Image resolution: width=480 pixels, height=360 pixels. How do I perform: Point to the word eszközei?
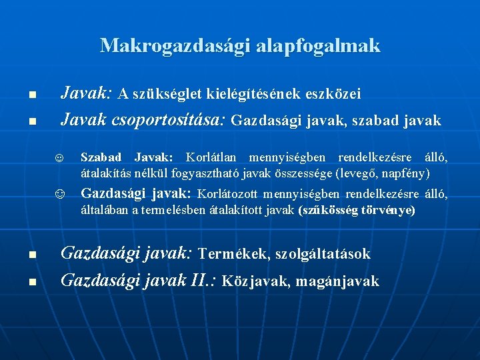333,94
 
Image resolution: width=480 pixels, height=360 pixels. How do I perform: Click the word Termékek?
230,254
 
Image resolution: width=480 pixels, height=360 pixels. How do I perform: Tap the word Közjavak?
253,281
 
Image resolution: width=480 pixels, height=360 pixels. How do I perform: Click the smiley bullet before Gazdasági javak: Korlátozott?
59,195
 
